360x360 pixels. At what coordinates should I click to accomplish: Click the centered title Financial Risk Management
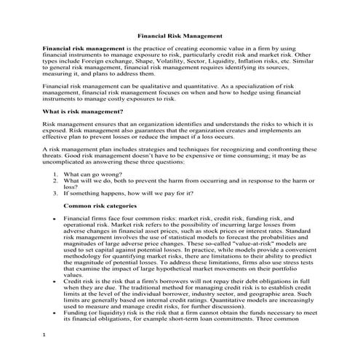pyautogui.click(x=180, y=34)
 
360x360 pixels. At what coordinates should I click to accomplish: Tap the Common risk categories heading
pyautogui.click(x=99, y=206)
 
